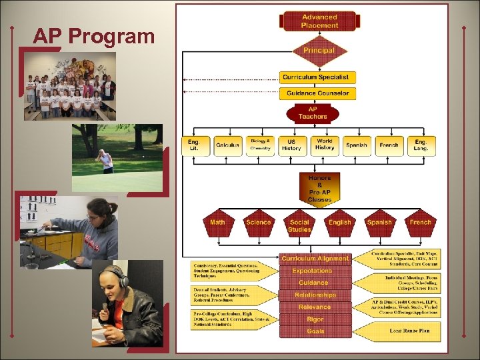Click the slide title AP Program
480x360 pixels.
point(93,36)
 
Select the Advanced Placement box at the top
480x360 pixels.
point(319,21)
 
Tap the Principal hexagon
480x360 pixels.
point(319,51)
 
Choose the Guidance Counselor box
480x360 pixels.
point(317,93)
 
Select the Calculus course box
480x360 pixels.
point(227,145)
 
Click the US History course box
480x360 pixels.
point(291,145)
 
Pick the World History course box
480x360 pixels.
point(325,145)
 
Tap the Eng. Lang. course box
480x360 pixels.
point(421,145)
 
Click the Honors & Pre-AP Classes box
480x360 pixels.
point(319,189)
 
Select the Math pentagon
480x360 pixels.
point(217,223)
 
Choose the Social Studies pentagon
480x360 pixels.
point(299,225)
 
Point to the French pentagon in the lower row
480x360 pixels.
point(420,223)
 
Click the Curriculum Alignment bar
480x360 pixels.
point(315,259)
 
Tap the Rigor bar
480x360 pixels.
point(315,319)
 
